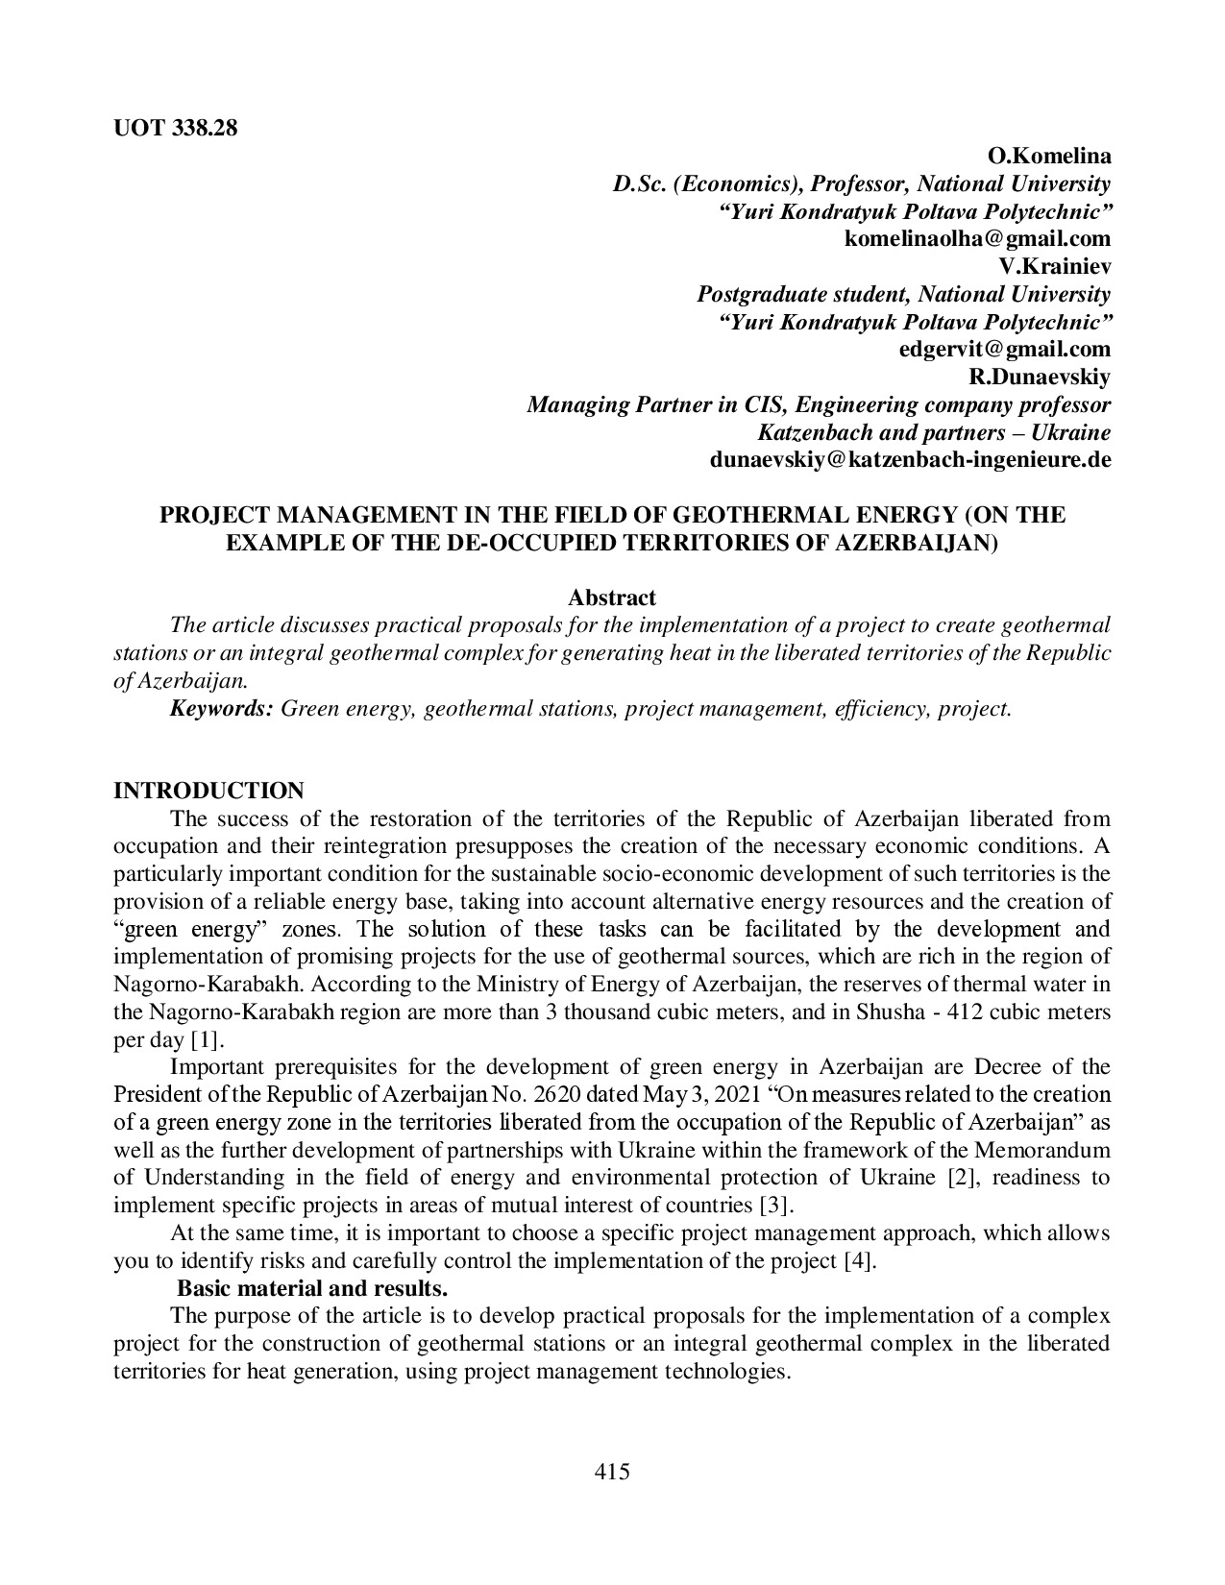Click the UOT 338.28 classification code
(x=175, y=128)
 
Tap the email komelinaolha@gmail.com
(x=977, y=238)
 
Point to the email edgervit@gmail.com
(x=1004, y=349)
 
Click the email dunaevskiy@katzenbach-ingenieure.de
(x=910, y=459)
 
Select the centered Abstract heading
(x=612, y=597)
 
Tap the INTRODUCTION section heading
(x=208, y=791)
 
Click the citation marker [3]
(x=776, y=1205)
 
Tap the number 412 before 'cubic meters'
(x=968, y=1012)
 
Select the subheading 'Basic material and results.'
(x=312, y=1287)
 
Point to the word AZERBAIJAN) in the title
(x=921, y=543)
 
